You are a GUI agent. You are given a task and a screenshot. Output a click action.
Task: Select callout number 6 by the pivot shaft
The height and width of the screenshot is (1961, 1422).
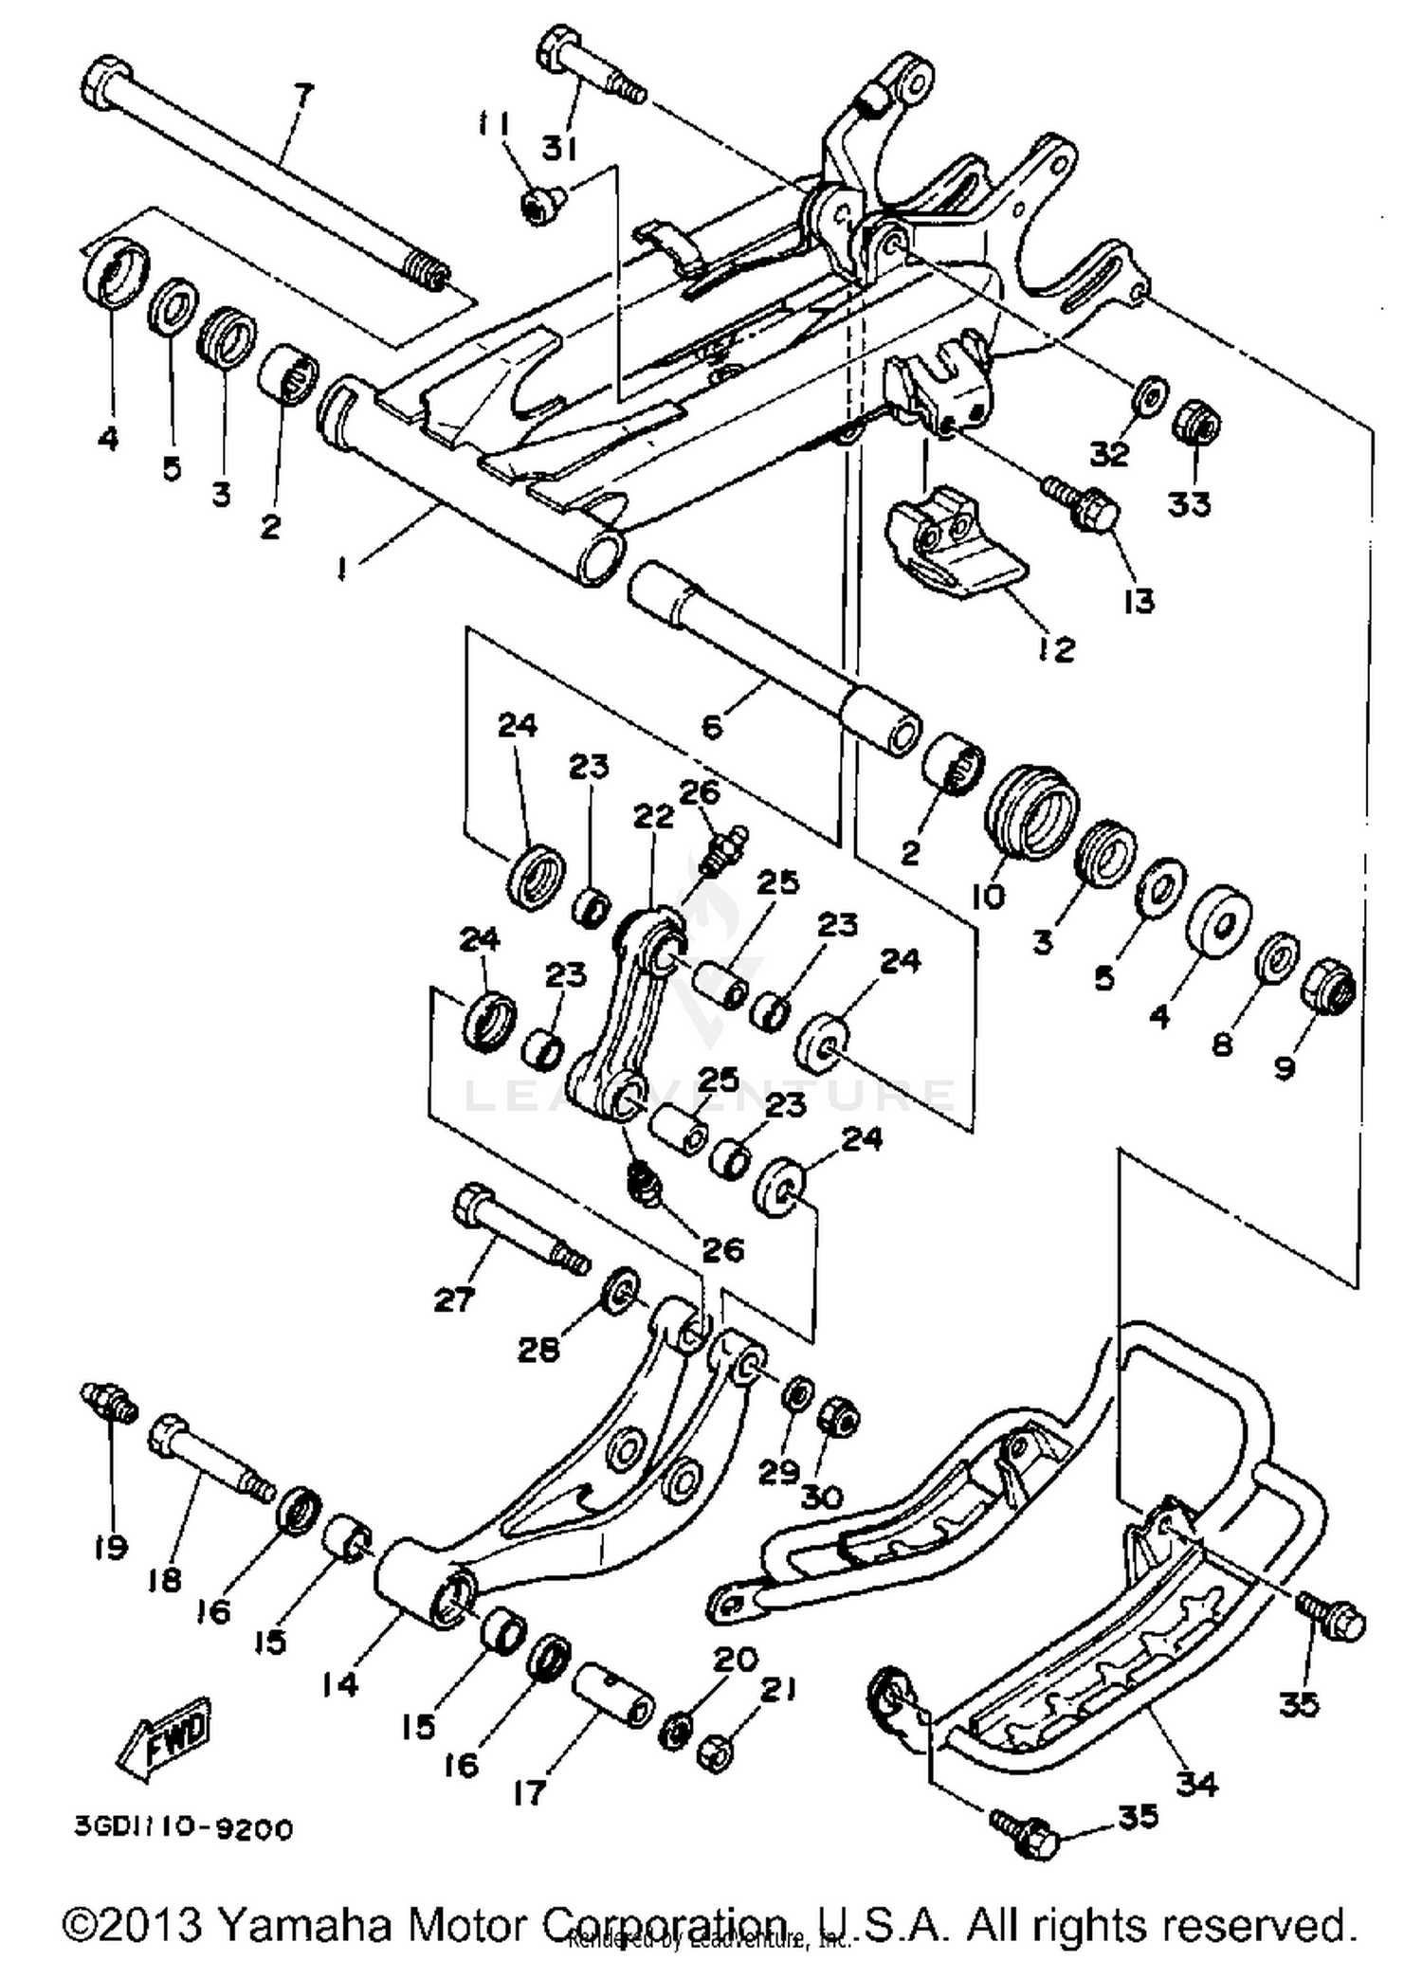coord(712,726)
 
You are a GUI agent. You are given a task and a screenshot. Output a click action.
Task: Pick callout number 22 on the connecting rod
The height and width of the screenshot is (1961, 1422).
coord(653,815)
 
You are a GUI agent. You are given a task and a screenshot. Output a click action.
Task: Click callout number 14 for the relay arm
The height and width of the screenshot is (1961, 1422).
coord(339,1684)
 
